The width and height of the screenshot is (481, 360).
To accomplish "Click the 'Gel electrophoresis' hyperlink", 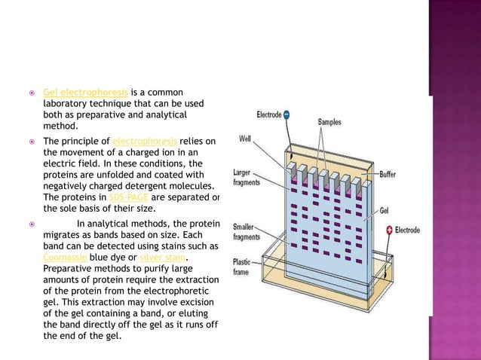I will coord(85,93).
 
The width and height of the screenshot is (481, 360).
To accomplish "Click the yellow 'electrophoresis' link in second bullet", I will coord(144,141).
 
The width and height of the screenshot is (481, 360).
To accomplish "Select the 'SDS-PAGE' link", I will coord(130,197).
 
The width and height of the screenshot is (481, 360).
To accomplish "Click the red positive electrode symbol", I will coord(389,230).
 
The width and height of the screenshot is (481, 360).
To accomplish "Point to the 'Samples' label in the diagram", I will coord(329,121).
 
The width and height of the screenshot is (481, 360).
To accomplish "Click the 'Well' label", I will coord(246,139).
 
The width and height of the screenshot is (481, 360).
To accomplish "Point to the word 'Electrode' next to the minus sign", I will coord(268,115).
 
